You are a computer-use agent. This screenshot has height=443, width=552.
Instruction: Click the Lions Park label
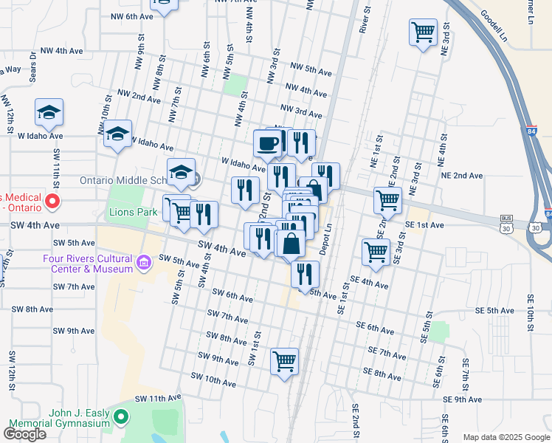tap(134, 213)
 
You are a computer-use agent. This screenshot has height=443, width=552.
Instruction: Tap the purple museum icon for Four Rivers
tap(145, 260)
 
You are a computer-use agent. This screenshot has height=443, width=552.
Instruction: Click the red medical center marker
tap(52, 201)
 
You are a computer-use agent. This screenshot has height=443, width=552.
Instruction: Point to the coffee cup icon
tap(267, 142)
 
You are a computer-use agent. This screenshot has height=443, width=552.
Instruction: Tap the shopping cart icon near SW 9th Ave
tap(284, 361)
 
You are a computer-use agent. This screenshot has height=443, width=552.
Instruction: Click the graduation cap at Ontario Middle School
tap(181, 172)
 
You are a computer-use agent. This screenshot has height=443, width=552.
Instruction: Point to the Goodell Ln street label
tap(494, 25)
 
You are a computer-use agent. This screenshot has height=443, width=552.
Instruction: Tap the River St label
tap(363, 18)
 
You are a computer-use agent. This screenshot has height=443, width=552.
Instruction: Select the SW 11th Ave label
tap(158, 398)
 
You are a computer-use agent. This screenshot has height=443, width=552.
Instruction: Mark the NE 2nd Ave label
tap(461, 176)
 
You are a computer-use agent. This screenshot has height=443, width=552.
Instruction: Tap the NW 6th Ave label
tap(131, 16)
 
